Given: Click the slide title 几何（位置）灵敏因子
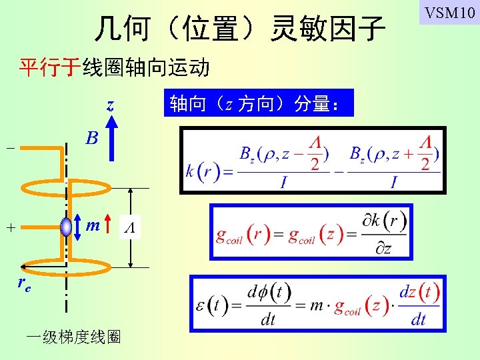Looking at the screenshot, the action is tap(239, 29).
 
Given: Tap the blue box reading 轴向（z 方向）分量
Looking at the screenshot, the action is tap(259, 103).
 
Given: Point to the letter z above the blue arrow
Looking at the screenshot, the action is tap(110, 105).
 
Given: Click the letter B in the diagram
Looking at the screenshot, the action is tap(92, 138).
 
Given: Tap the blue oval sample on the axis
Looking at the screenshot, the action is tap(67, 227).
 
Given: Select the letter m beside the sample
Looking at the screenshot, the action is tap(93, 227).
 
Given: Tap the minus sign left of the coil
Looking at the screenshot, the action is tap(9, 148).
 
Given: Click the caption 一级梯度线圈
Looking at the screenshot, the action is tap(73, 337).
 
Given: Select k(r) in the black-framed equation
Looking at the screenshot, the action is tap(199, 171).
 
